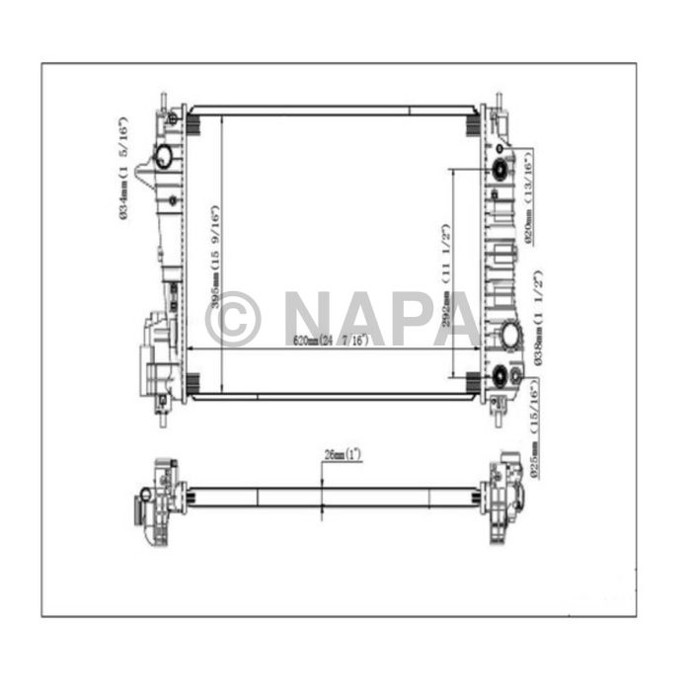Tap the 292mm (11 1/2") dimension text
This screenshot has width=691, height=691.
(446, 270)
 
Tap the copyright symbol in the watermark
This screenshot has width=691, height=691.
(233, 319)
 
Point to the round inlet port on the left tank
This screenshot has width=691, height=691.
(163, 156)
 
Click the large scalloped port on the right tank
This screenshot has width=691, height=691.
(511, 337)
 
